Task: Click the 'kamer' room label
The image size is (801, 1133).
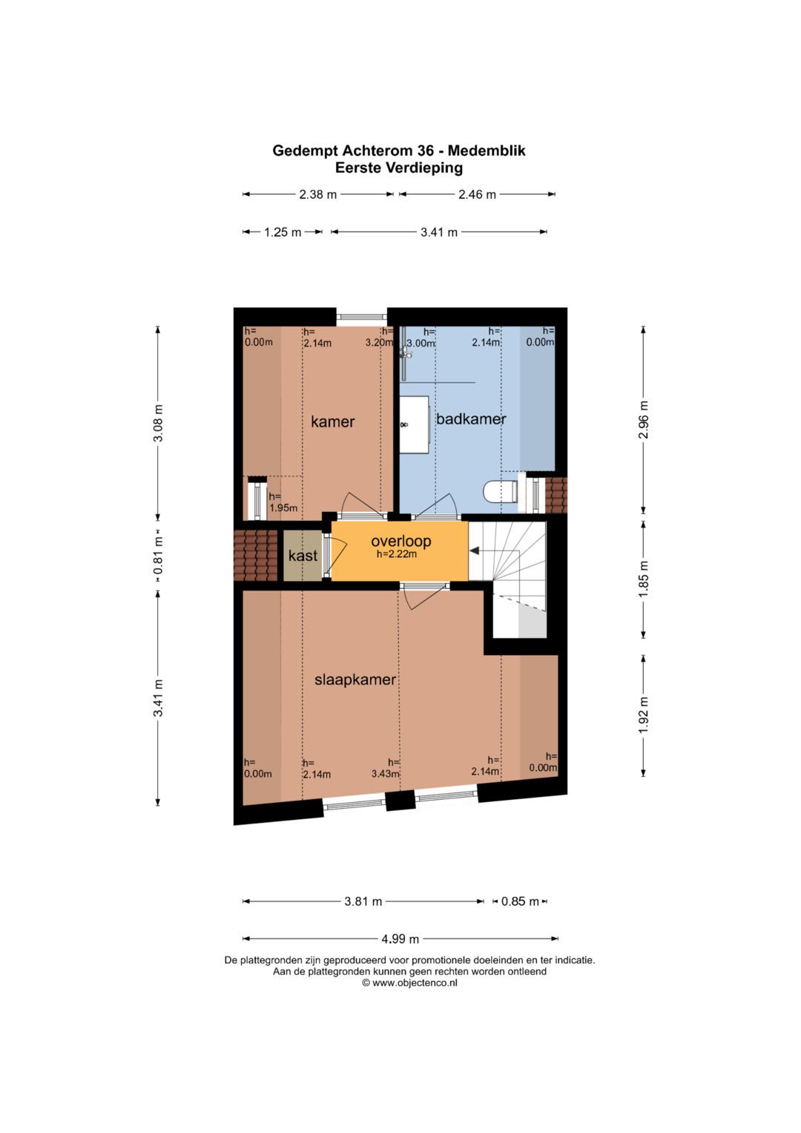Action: click(x=332, y=421)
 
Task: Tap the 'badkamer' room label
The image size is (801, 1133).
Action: click(x=471, y=418)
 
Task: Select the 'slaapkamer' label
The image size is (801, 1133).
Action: click(x=355, y=680)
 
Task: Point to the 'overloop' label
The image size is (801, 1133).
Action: click(x=401, y=541)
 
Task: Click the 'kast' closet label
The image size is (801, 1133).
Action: click(x=303, y=556)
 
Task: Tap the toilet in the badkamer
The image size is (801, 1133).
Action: click(x=501, y=491)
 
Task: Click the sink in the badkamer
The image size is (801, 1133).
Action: click(x=415, y=424)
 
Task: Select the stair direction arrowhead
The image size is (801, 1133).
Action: click(x=474, y=551)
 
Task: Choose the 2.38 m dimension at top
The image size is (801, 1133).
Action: click(x=317, y=194)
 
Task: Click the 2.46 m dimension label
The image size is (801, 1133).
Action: click(x=477, y=194)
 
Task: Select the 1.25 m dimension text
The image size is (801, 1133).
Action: click(x=282, y=232)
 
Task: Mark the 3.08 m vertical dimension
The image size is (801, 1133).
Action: click(x=158, y=423)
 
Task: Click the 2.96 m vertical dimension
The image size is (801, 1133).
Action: click(x=643, y=420)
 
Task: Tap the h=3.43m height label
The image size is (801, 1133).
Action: click(x=386, y=767)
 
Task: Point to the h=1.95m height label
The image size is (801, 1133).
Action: click(x=283, y=502)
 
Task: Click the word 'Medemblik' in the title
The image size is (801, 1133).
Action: click(x=487, y=150)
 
